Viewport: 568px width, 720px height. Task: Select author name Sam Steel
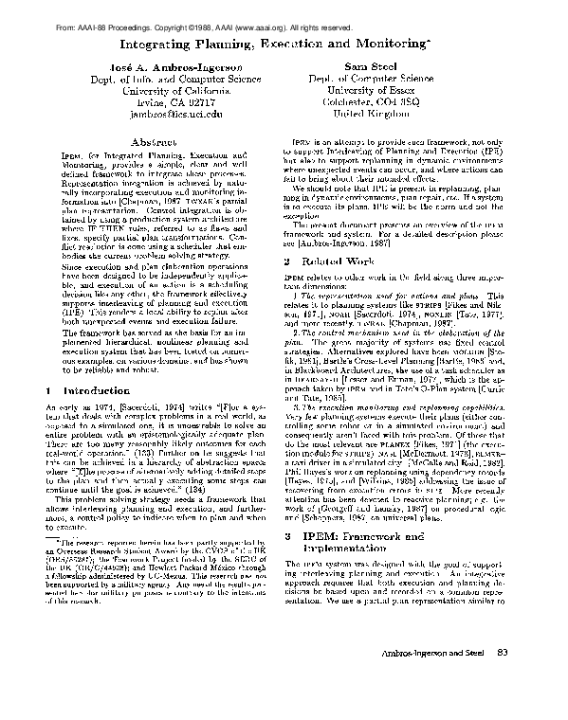[390, 70]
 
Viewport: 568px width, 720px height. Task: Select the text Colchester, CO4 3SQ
[390, 98]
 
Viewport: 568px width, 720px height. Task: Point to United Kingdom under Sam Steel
[390, 112]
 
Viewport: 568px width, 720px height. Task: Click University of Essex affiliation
[390, 84]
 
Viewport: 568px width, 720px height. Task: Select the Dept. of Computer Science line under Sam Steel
[390, 84]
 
